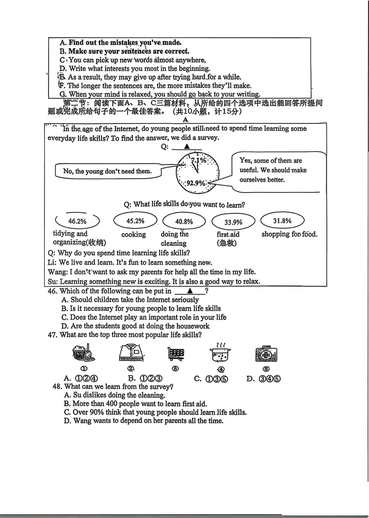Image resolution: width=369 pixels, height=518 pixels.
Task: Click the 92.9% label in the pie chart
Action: pos(196,183)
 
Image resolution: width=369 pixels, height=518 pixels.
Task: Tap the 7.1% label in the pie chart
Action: pos(199,160)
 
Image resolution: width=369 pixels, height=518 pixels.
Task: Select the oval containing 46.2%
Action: pos(77,221)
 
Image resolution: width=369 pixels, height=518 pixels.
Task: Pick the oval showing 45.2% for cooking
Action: pos(135,221)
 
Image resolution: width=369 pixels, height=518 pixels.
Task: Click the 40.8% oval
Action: pos(184,222)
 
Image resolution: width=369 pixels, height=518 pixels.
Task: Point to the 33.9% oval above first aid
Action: pos(233,222)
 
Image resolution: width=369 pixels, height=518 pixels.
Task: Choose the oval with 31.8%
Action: pos(282,221)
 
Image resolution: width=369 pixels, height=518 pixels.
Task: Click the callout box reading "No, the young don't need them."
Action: pos(108,171)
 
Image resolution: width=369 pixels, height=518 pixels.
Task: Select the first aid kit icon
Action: pos(266,354)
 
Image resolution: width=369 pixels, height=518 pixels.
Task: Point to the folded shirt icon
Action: pos(131,353)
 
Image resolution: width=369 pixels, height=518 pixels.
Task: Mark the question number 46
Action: pos(52,291)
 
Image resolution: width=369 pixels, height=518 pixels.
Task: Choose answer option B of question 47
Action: pos(145,379)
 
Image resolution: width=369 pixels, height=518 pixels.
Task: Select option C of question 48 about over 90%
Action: pos(155,412)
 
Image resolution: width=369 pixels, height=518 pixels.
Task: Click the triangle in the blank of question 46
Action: pos(190,291)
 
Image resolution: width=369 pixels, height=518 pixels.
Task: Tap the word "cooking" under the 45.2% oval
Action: pos(134,235)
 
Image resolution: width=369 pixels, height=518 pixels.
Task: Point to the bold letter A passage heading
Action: pos(186,120)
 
